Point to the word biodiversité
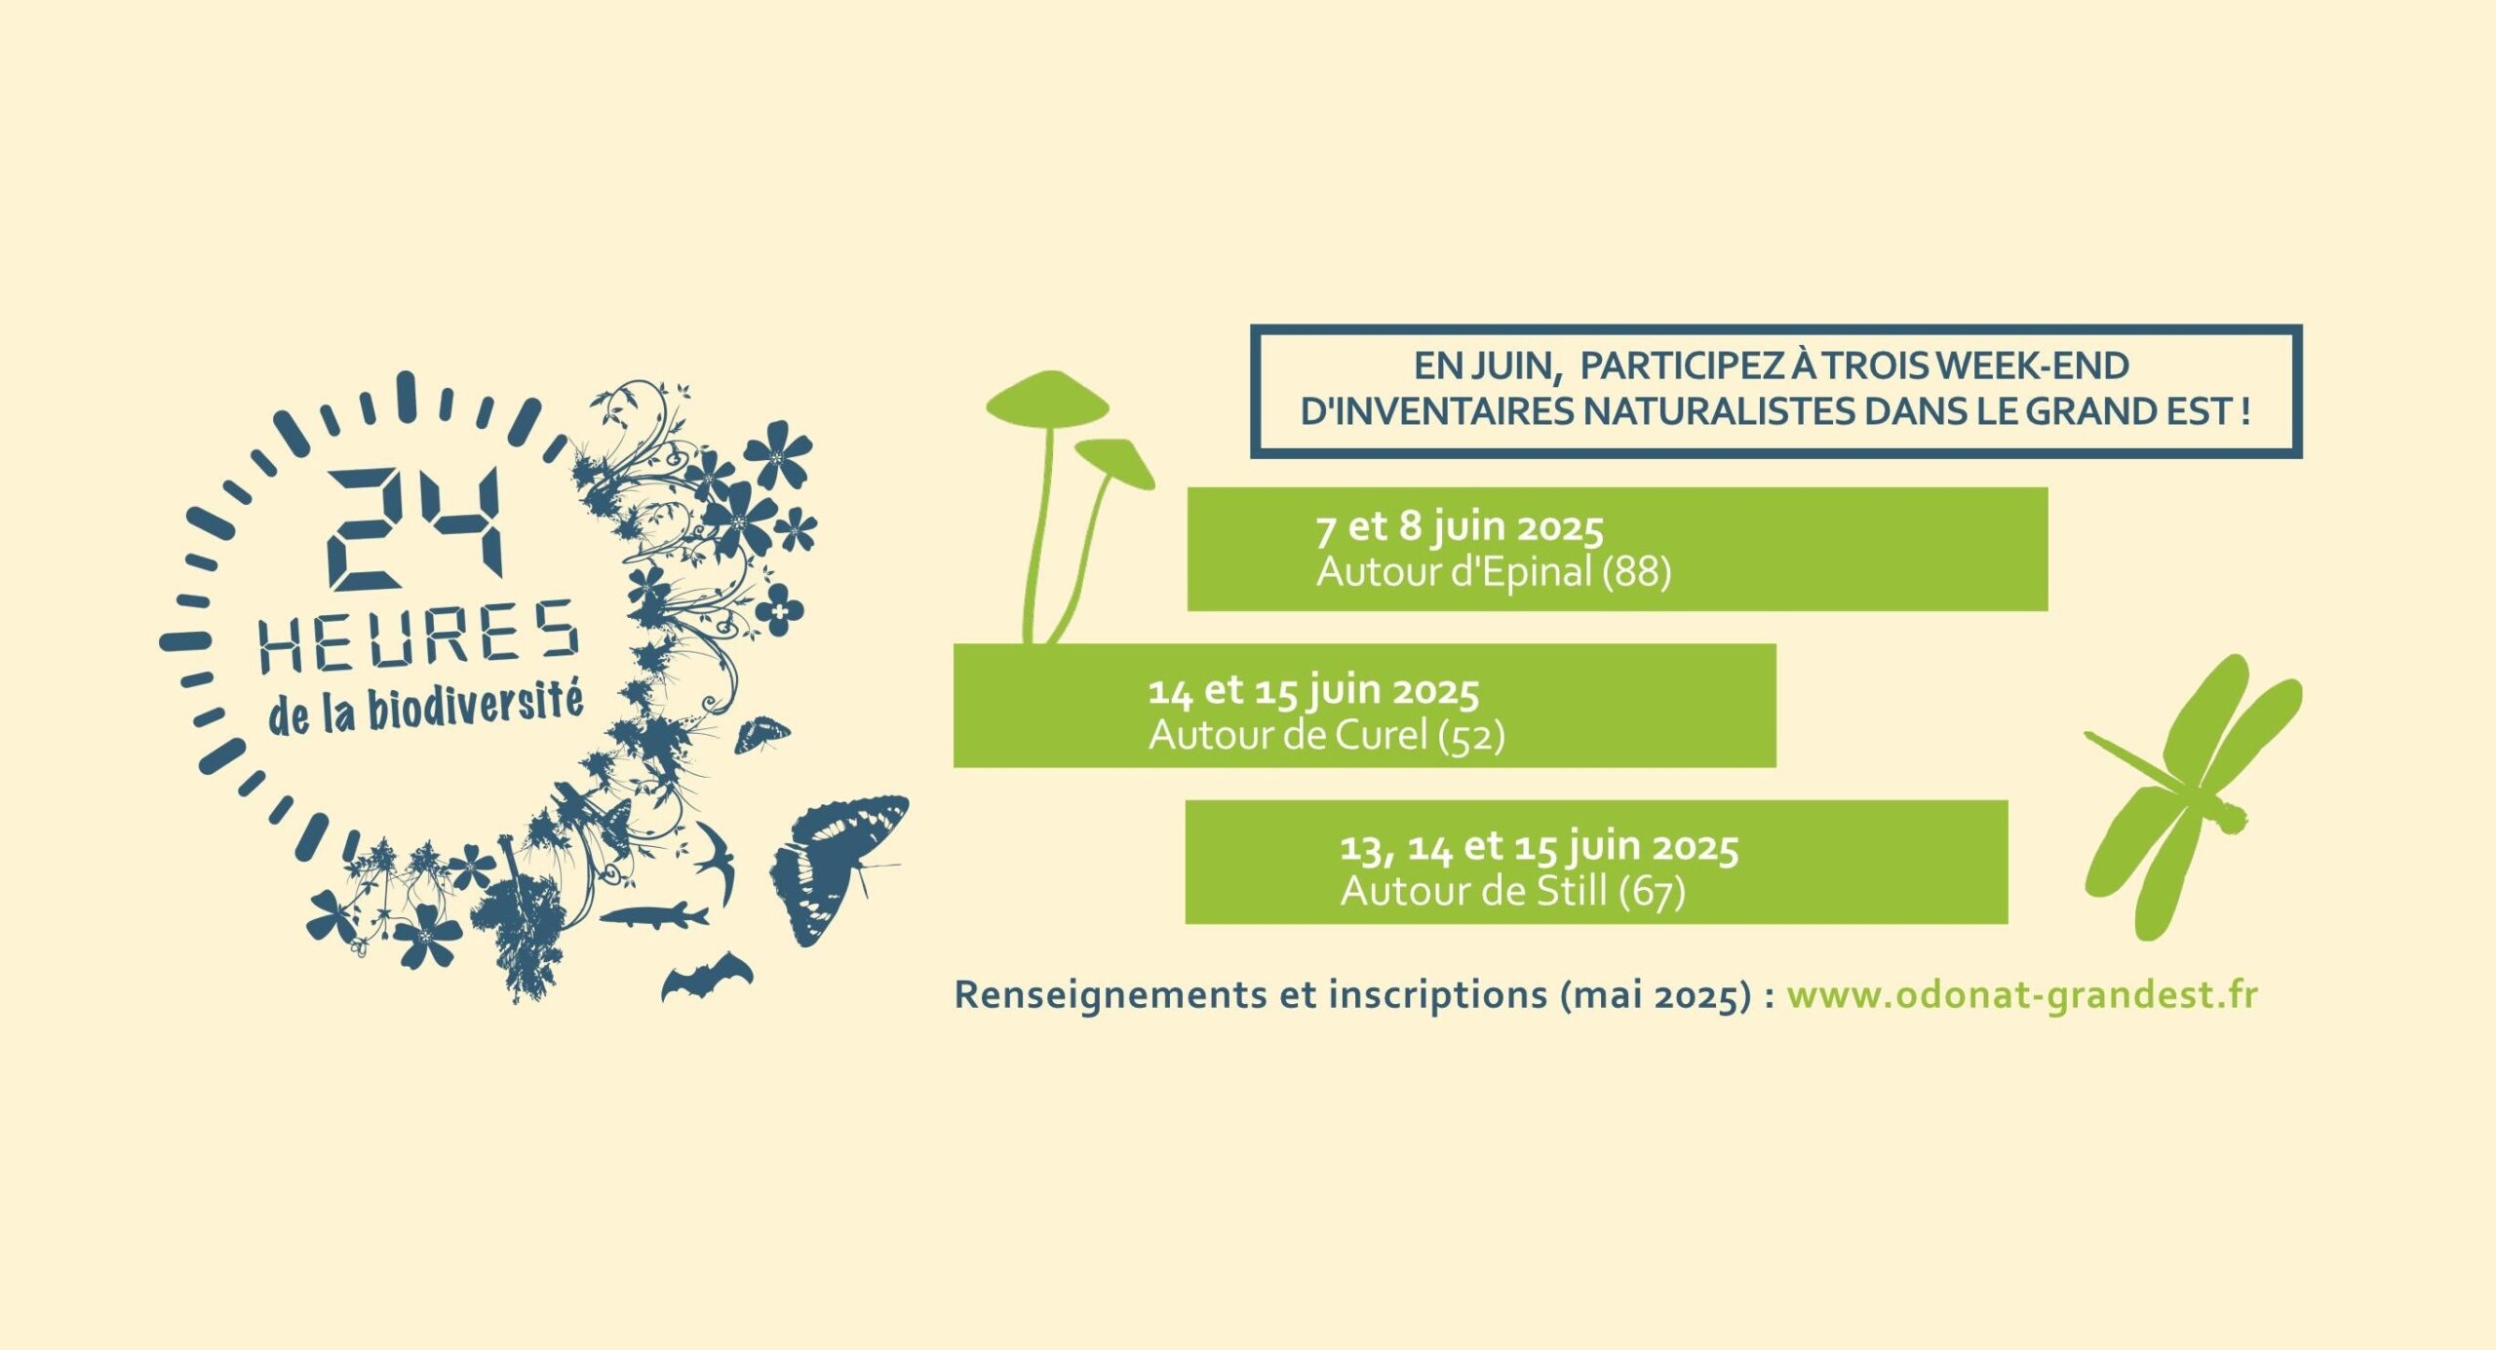pos(476,707)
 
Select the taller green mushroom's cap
pos(1047,398)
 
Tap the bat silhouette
pos(707,977)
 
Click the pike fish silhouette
pos(653,915)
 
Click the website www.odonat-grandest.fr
pos(2022,995)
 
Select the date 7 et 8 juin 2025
pos(1460,527)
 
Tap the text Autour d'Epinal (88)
pos(1494,571)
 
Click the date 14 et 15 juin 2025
pos(1313,691)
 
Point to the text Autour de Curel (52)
pos(1326,735)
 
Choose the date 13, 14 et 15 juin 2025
pos(1539,847)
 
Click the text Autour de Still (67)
pos(1512,891)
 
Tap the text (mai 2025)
pos(1656,996)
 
